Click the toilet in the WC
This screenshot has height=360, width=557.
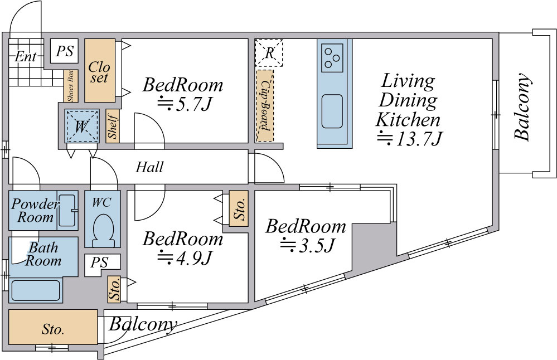tap(103, 230)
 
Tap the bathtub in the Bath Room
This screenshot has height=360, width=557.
tap(36, 290)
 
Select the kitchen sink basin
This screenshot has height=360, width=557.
tap(332, 111)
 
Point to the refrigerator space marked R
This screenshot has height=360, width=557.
tap(269, 53)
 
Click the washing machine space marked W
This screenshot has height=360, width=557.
tap(82, 126)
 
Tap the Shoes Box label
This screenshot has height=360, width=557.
tap(71, 86)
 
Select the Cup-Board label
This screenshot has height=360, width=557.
tap(265, 105)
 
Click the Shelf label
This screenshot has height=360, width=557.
tap(113, 126)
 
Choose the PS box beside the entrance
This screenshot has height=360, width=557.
tap(64, 51)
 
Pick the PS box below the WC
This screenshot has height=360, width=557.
tap(99, 263)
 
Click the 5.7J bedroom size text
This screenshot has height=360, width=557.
tap(185, 104)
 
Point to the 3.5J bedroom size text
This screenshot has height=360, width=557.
tap(308, 245)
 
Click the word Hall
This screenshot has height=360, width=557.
tap(149, 167)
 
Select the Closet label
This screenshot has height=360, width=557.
tap(99, 72)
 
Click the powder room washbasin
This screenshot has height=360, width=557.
tap(67, 210)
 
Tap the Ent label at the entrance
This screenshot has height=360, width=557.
tap(26, 56)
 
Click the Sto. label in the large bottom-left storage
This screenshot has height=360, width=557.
tap(53, 329)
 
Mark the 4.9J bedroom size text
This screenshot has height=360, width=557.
tap(185, 258)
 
